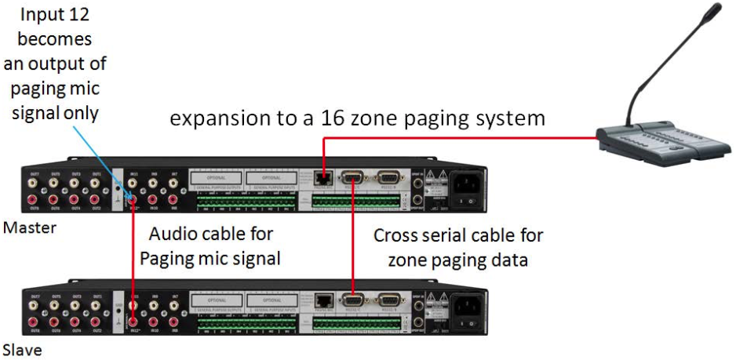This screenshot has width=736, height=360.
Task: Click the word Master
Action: point(24,228)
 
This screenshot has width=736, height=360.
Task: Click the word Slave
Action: point(21,350)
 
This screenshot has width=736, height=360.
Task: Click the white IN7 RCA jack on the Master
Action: point(173,185)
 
